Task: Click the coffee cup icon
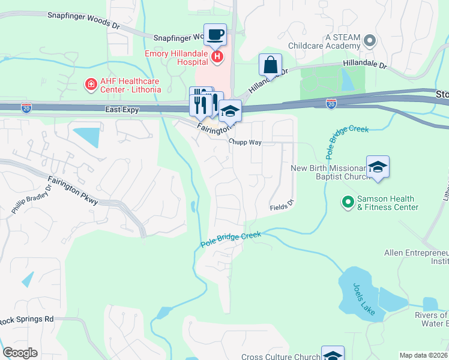coord(215,34)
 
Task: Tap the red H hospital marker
coord(217,57)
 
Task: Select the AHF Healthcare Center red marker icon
coord(91,85)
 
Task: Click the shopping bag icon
coord(270,64)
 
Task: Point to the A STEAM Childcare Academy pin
coord(370,41)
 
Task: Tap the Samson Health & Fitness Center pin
coord(347,202)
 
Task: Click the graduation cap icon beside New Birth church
coord(378,166)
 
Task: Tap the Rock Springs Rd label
coord(26,319)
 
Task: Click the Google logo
coord(20,353)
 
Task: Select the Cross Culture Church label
coord(280,357)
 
